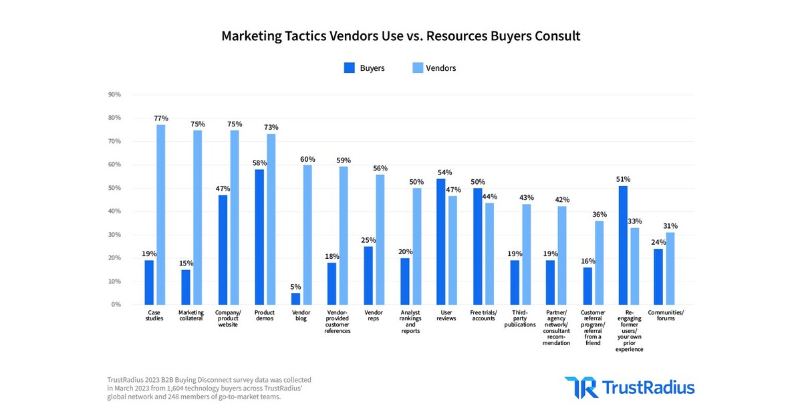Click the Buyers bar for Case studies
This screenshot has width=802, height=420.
tap(149, 282)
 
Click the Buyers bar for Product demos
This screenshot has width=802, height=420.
tap(259, 237)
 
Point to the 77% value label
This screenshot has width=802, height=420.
tap(160, 118)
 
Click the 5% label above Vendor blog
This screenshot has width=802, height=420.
tap(295, 286)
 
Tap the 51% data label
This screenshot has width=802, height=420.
tap(623, 179)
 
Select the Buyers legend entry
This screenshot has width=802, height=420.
tap(365, 68)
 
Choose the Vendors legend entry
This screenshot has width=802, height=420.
tap(435, 68)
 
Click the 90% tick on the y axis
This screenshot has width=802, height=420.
tap(114, 94)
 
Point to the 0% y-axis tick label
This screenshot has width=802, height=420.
tap(116, 305)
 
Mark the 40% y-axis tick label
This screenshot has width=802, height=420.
tap(114, 211)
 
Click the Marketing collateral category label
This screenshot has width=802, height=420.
tap(191, 316)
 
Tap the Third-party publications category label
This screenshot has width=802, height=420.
tap(520, 318)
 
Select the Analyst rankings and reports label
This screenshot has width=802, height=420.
tap(410, 322)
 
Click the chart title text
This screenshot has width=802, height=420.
tap(400, 36)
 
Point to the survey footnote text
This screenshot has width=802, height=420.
tap(209, 388)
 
